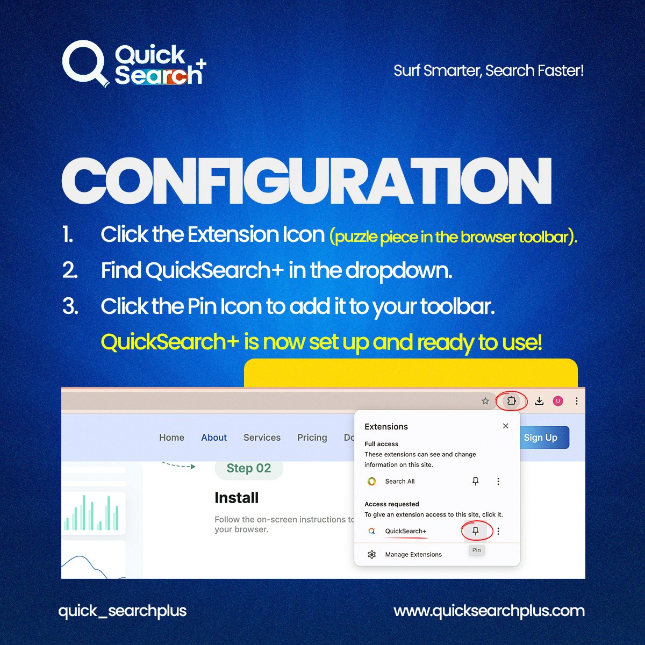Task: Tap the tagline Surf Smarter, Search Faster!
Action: point(488,70)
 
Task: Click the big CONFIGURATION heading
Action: point(306,181)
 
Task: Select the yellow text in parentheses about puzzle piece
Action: point(453,236)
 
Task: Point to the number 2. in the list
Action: point(70,270)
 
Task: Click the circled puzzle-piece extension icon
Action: point(511,401)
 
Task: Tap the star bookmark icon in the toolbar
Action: point(485,401)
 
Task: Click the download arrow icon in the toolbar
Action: point(539,401)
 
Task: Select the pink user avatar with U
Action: point(558,401)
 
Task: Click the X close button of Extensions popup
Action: point(505,426)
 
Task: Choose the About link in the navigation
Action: point(214,438)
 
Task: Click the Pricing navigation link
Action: point(312,438)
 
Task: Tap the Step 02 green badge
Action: point(248,468)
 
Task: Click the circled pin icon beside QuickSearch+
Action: point(476,531)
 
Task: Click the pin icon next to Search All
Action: point(475,481)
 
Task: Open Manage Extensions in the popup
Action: point(413,554)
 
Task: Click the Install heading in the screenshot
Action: point(236,498)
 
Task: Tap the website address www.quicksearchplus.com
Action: point(489,611)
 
